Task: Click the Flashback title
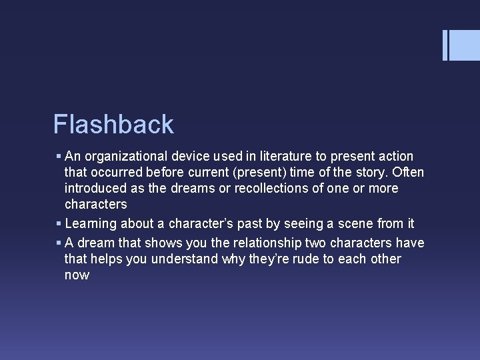(113, 125)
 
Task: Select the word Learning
(90, 224)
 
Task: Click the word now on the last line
(77, 275)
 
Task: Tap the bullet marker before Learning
(59, 224)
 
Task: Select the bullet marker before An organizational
(59, 157)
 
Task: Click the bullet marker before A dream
(59, 243)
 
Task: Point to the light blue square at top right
(465, 45)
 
